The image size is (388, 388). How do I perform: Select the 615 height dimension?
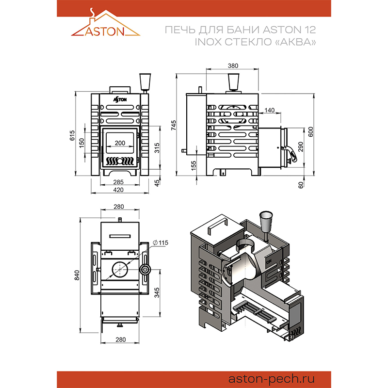pyautogui.click(x=73, y=135)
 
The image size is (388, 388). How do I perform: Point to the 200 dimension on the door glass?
pyautogui.click(x=120, y=144)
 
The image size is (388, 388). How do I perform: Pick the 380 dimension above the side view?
pyautogui.click(x=233, y=65)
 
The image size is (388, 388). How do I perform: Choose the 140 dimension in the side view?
pyautogui.click(x=270, y=111)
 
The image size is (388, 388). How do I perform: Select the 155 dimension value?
pyautogui.click(x=194, y=165)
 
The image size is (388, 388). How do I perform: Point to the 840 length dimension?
pyautogui.click(x=77, y=275)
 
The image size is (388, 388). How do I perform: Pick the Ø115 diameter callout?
pyautogui.click(x=160, y=242)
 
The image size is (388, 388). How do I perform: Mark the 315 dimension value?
pyautogui.click(x=157, y=148)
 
